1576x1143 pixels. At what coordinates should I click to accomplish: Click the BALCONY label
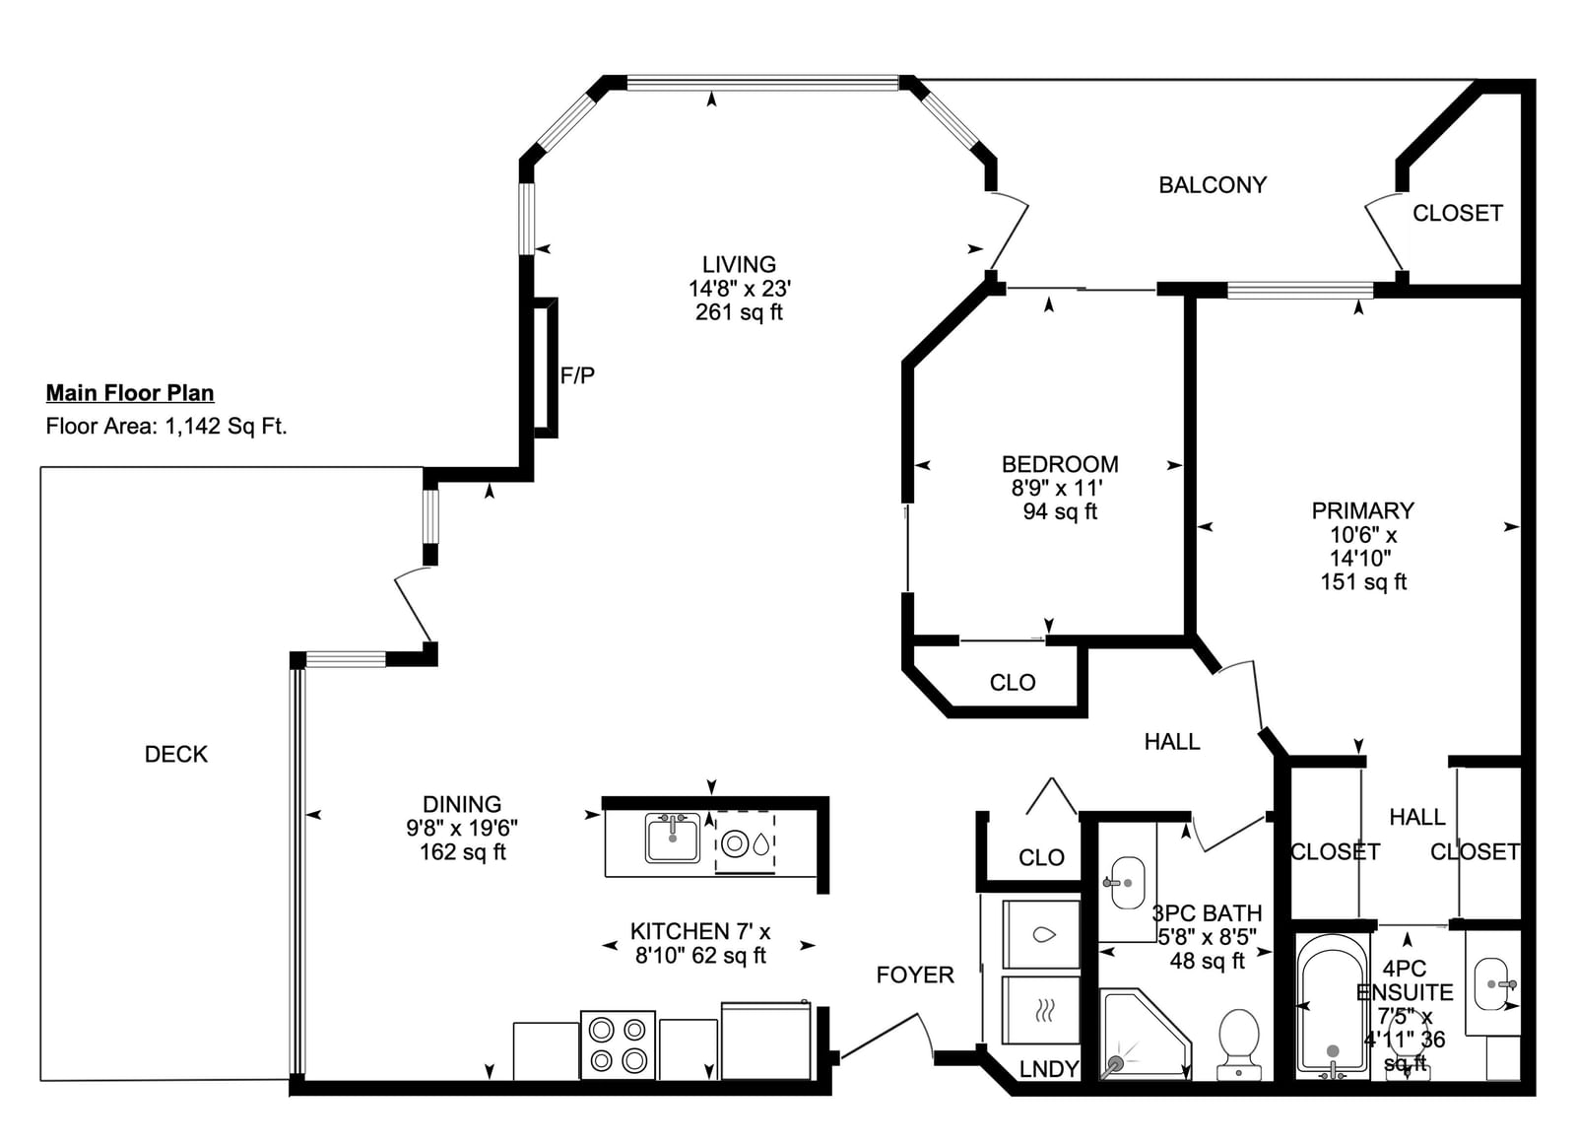pos(1213,185)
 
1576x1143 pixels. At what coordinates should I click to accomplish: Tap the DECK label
pos(176,755)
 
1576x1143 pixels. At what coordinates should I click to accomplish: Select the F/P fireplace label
pos(577,375)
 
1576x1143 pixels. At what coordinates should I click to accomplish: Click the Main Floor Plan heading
pos(130,393)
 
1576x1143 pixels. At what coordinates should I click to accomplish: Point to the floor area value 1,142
pos(193,427)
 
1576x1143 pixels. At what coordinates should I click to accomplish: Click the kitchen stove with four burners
pos(618,1045)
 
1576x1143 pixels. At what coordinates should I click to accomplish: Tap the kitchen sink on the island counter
pos(673,839)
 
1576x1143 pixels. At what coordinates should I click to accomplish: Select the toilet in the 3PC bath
pos(1238,1043)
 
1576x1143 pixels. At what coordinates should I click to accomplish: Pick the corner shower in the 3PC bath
pos(1145,1034)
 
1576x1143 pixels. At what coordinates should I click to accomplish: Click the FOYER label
pos(915,975)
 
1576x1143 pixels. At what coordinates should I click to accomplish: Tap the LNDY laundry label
pos(1049,1069)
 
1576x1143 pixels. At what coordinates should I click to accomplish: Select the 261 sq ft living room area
pos(739,311)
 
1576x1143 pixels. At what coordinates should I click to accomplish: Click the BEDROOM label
pos(1060,464)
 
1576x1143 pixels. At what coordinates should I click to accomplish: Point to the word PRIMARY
pos(1363,510)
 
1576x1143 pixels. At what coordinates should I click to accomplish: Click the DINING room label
pos(462,804)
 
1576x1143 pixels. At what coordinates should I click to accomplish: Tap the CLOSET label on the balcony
pos(1458,213)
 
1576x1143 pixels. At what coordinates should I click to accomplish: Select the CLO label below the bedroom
pos(1013,682)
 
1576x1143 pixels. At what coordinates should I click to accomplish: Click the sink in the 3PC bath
pos(1128,883)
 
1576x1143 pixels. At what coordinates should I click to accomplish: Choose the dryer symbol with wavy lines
pos(1041,1010)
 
